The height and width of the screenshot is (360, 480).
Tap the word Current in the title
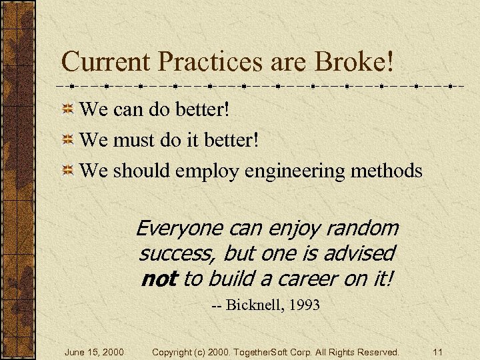[x=104, y=62]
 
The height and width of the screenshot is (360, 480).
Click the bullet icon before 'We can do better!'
[x=68, y=108]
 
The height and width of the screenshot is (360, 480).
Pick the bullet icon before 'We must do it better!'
[x=68, y=140]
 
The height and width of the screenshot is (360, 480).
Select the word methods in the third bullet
[x=387, y=171]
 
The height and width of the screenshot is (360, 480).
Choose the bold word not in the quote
[x=159, y=279]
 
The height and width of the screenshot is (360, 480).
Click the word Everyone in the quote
[x=179, y=229]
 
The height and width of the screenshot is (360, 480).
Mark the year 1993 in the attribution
[x=305, y=306]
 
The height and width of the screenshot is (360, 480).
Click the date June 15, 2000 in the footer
[x=94, y=351]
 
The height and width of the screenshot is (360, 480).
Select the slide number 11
[x=437, y=351]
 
